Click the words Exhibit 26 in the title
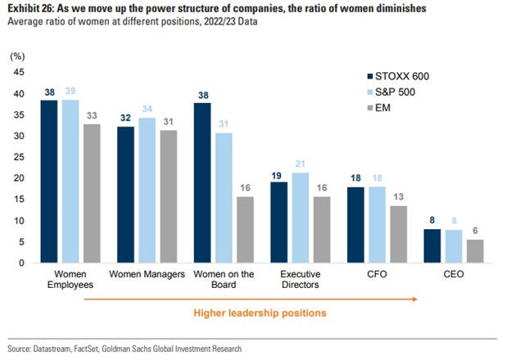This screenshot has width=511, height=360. pyautogui.click(x=30, y=8)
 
